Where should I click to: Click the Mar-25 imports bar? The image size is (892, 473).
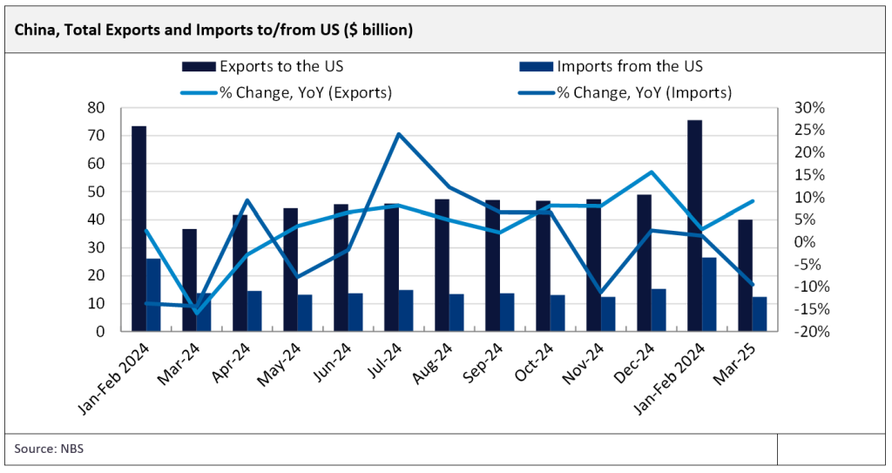[760, 314]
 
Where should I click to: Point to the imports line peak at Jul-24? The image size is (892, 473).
[398, 134]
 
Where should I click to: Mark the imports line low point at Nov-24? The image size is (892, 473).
[600, 294]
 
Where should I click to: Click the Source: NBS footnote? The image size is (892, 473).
[48, 449]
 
